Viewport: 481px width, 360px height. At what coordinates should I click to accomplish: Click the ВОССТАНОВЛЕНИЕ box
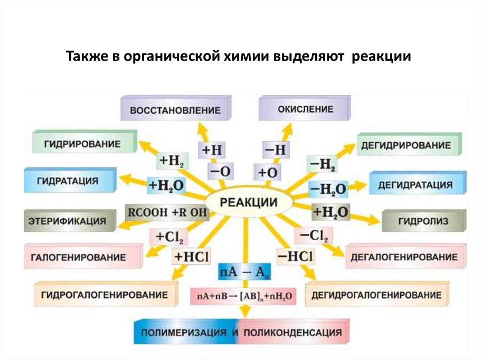(x=175, y=111)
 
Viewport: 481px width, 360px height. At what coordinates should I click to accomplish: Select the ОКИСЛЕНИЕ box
(x=304, y=109)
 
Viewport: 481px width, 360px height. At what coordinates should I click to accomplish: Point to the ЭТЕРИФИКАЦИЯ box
(x=68, y=220)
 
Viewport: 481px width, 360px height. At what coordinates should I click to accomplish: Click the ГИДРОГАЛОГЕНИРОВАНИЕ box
(x=105, y=295)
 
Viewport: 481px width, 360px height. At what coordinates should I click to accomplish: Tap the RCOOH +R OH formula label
(x=167, y=212)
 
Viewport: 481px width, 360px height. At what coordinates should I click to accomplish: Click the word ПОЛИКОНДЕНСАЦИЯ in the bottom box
(x=292, y=333)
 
